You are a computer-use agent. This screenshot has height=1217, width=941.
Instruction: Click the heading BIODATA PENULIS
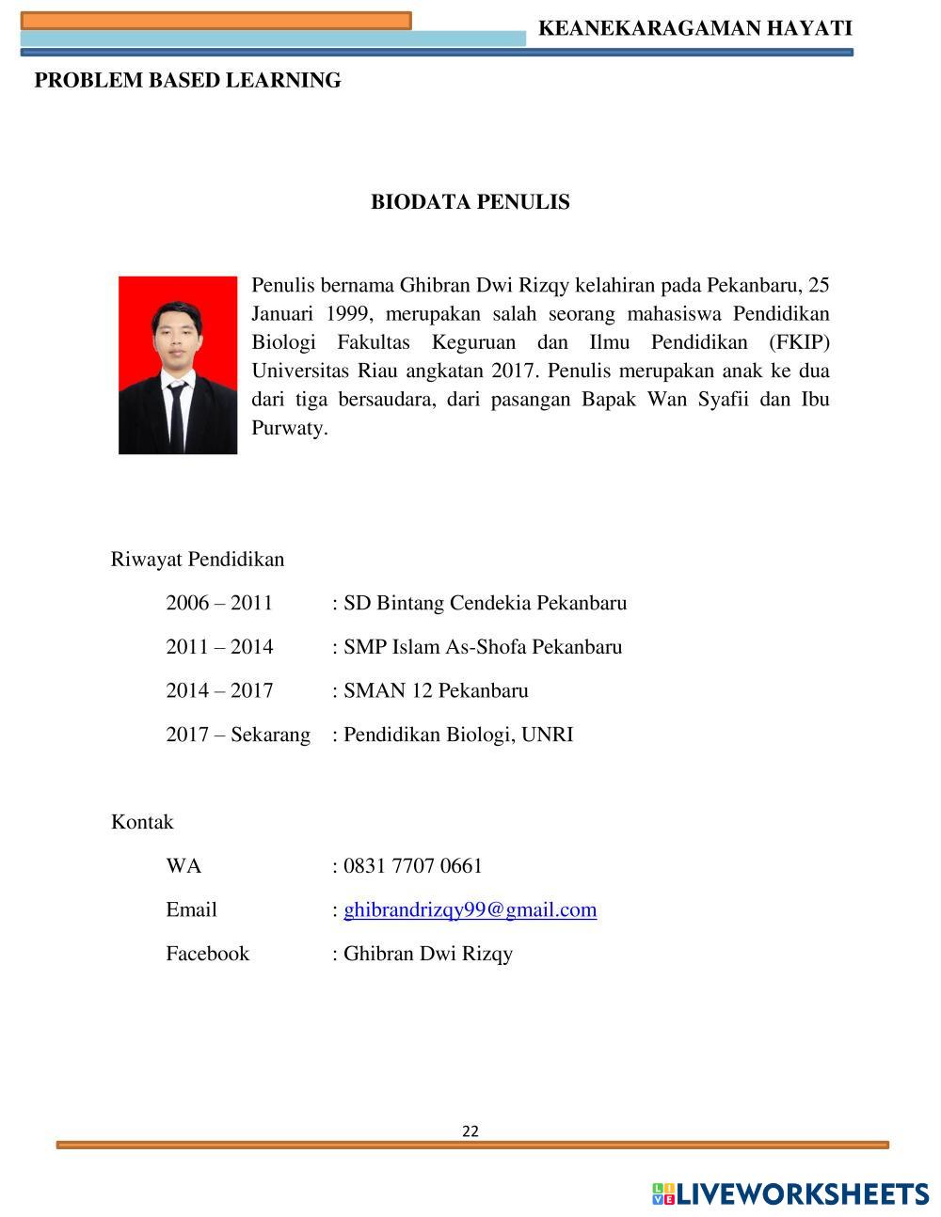(x=470, y=202)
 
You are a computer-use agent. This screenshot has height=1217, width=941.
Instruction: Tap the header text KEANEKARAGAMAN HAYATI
(x=694, y=29)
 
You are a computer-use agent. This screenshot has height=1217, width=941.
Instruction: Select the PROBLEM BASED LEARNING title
(x=187, y=81)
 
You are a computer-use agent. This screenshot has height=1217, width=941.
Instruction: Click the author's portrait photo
(x=178, y=365)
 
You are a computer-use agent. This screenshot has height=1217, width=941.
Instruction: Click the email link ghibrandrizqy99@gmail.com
(x=470, y=909)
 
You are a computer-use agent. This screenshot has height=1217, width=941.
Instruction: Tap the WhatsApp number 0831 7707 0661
(x=412, y=865)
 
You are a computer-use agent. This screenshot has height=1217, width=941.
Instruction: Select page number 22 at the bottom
(x=470, y=1131)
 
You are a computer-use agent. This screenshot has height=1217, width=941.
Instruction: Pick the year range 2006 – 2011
(x=219, y=603)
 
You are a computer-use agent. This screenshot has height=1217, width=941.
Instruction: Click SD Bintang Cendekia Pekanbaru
(x=485, y=603)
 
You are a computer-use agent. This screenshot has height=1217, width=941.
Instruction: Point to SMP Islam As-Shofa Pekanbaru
(x=482, y=647)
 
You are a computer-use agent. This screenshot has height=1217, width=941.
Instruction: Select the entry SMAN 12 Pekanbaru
(x=436, y=691)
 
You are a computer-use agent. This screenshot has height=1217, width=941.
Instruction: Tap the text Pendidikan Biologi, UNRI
(x=457, y=735)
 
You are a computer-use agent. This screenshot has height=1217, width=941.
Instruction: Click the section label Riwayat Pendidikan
(x=198, y=560)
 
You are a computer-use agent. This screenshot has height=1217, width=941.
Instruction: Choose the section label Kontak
(x=142, y=822)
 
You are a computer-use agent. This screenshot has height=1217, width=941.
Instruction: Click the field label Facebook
(x=208, y=954)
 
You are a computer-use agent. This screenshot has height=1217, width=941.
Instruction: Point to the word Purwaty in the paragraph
(x=288, y=429)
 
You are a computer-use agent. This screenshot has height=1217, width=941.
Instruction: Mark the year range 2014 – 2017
(x=219, y=691)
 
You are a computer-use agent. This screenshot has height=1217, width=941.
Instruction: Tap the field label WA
(x=183, y=865)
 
